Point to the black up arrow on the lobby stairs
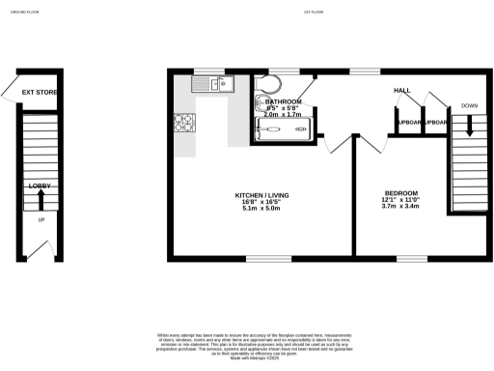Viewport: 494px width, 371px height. pos(40,199)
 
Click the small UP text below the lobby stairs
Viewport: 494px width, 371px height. pos(41,220)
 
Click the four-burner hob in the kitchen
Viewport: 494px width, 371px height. pos(183,124)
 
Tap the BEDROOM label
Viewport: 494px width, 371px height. pos(399,192)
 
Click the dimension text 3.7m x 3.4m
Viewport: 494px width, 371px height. pos(399,206)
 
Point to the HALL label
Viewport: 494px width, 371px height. pos(401,90)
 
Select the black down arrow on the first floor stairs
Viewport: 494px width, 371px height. pos(469,126)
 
